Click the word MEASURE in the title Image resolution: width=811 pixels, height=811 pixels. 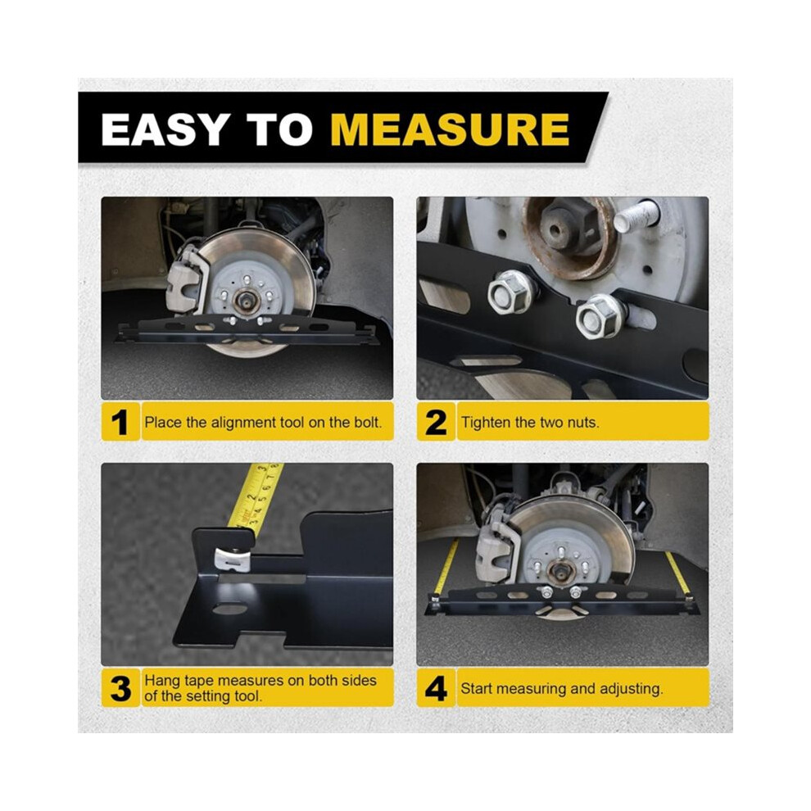450,129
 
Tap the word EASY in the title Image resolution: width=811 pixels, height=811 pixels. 165,129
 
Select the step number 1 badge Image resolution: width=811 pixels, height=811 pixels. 120,422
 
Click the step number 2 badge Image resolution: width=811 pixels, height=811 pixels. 436,422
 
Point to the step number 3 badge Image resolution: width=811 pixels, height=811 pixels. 120,688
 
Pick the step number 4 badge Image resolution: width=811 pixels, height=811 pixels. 436,688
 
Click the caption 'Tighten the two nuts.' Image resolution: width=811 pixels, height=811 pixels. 530,423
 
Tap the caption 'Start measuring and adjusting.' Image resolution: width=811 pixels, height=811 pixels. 562,688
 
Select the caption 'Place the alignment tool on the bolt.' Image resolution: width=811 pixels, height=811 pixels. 263,423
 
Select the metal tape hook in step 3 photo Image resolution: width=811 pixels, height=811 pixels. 233,560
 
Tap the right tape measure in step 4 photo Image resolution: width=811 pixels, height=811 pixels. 678,575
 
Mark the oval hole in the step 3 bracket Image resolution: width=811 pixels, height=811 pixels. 229,609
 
